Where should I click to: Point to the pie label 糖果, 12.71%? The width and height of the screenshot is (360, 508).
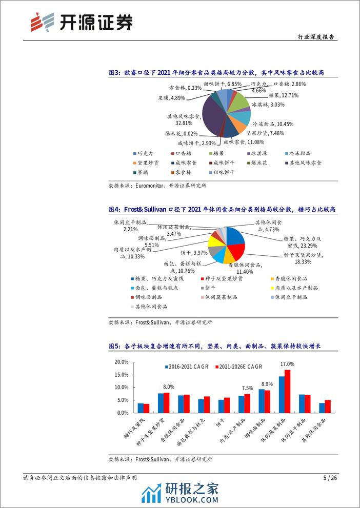tap(283, 95)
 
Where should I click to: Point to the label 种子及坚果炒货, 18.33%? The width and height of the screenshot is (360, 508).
tap(302, 257)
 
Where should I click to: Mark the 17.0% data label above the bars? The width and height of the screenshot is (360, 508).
tap(287, 364)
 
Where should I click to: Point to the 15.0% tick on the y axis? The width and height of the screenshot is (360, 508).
tap(121, 375)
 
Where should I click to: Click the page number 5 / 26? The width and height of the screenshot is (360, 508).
tap(331, 478)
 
